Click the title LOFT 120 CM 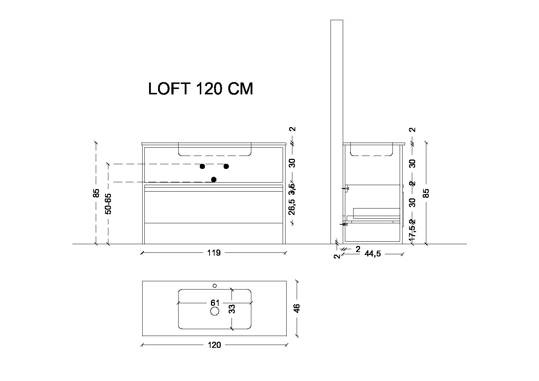click(x=201, y=89)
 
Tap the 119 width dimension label click(x=214, y=253)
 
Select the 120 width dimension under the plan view click(x=214, y=345)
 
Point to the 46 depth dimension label click(x=297, y=308)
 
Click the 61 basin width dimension click(x=215, y=303)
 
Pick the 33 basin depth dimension click(x=232, y=309)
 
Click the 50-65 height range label click(x=108, y=204)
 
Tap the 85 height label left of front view click(x=96, y=193)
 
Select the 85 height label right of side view click(x=427, y=193)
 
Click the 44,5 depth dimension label click(x=373, y=254)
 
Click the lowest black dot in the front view click(x=214, y=179)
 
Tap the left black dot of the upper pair click(x=202, y=166)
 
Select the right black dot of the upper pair click(x=226, y=166)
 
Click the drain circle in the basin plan click(x=215, y=311)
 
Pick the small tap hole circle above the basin click(x=215, y=286)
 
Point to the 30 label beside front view click(x=292, y=163)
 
